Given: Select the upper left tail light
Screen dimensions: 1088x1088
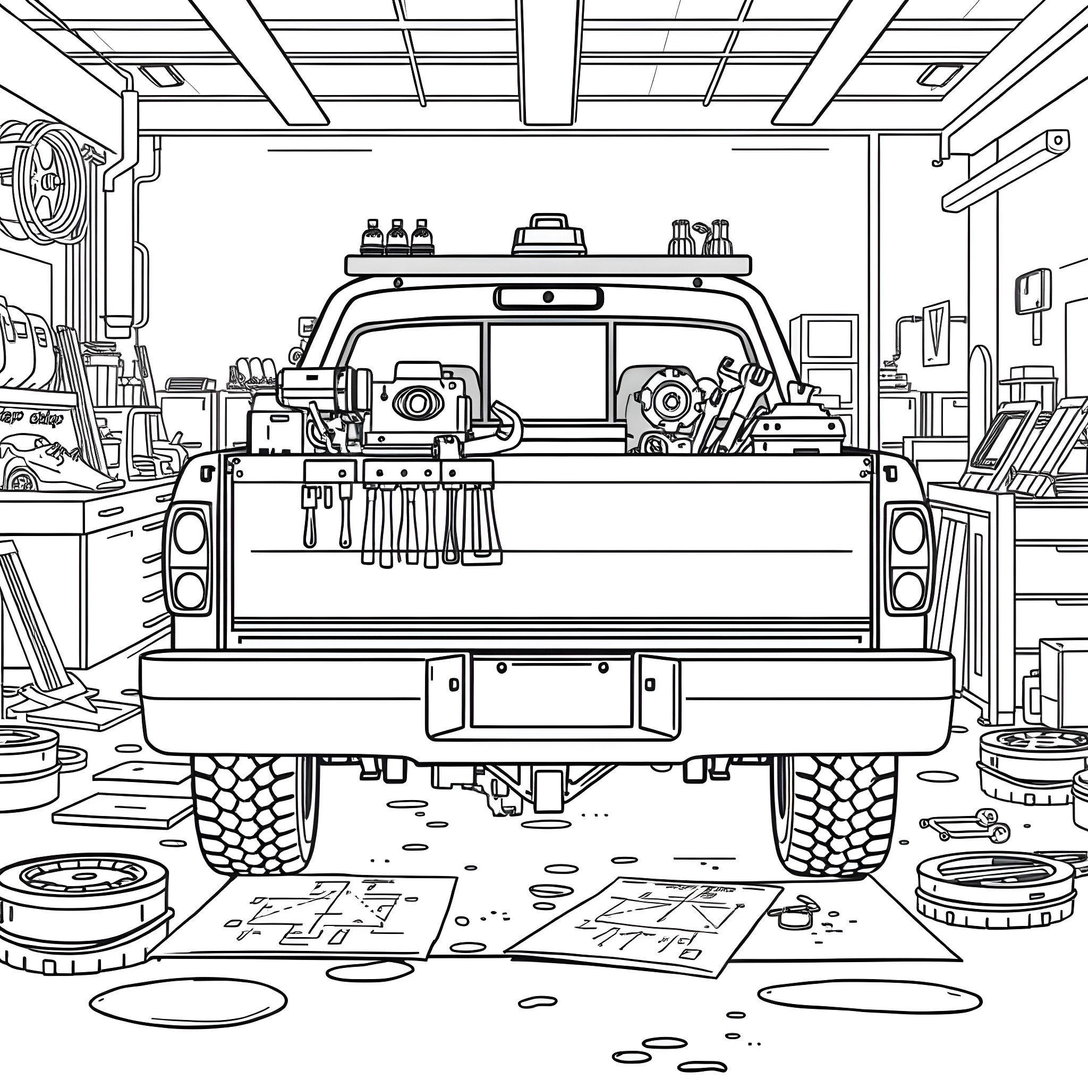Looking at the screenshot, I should [190, 532].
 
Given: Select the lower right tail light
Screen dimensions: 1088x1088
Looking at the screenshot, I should [908, 590].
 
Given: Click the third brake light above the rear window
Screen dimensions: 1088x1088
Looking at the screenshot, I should [548, 297].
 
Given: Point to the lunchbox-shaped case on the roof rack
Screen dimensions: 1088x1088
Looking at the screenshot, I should [548, 236].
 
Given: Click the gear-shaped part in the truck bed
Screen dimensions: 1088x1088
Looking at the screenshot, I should [669, 401].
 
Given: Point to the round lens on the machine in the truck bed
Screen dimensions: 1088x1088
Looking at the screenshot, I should [417, 402].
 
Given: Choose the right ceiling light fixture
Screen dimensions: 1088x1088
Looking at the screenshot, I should [939, 75].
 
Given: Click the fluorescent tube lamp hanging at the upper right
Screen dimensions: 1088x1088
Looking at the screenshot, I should [1005, 169].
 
